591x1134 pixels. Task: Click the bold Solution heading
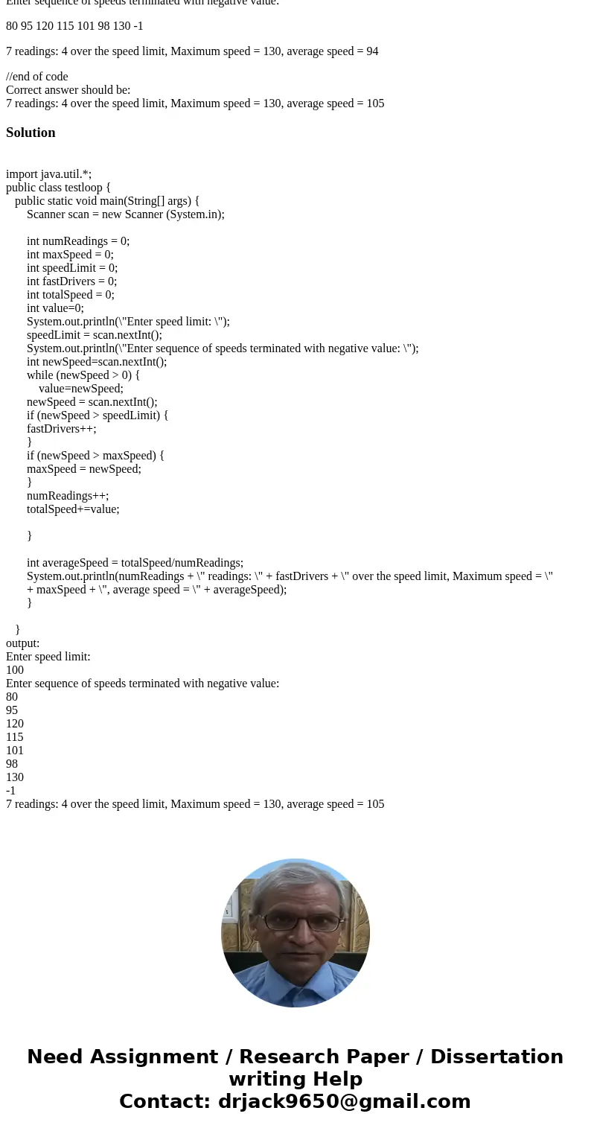click(31, 133)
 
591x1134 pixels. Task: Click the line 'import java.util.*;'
click(48, 174)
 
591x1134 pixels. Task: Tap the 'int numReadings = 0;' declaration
click(78, 241)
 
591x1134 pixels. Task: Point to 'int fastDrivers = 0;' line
click(71, 281)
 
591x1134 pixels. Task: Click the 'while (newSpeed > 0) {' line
click(83, 375)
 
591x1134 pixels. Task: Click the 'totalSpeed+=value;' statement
click(73, 509)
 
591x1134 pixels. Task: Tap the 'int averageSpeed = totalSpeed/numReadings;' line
click(135, 563)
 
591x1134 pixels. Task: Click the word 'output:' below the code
click(23, 643)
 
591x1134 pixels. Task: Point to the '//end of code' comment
click(37, 77)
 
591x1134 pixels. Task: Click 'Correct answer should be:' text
click(68, 90)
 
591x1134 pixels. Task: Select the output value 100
click(15, 670)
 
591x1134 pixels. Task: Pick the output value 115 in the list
click(15, 737)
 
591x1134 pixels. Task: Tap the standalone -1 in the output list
click(11, 791)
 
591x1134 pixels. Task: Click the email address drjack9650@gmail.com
click(344, 1101)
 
